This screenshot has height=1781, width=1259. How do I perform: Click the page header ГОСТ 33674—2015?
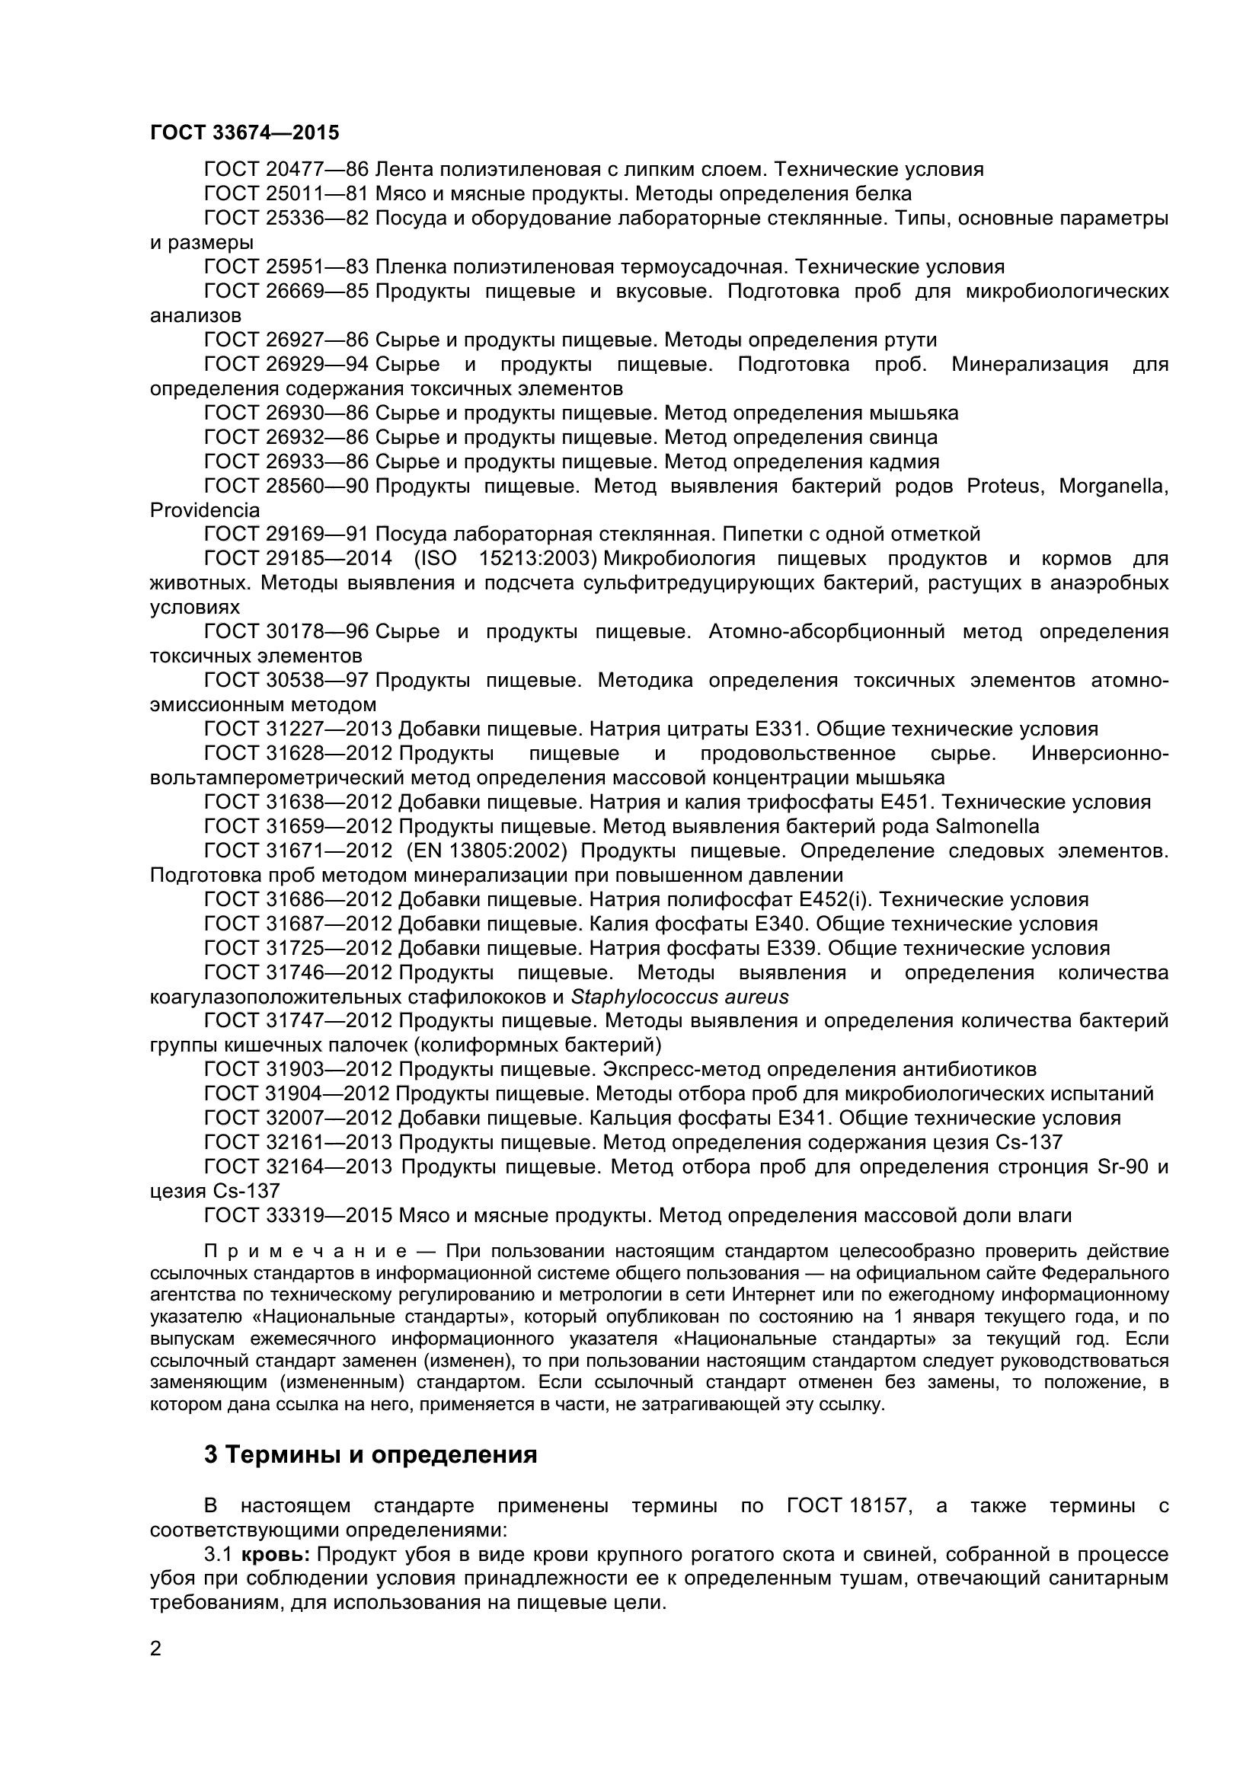244,132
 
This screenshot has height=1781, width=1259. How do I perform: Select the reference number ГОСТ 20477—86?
286,169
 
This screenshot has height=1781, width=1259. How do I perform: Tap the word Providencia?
205,510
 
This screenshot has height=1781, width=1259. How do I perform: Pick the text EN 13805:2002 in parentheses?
487,851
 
